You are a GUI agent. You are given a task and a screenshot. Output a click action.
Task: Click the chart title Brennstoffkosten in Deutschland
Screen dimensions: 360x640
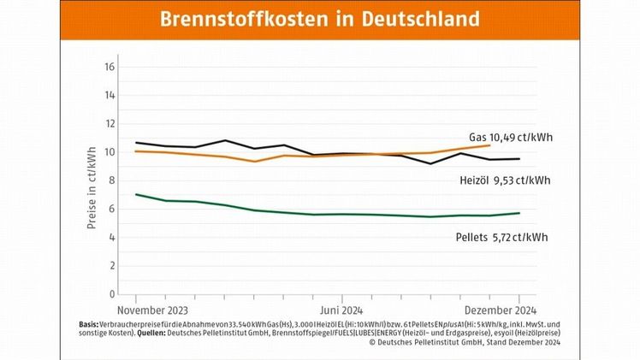[319, 19]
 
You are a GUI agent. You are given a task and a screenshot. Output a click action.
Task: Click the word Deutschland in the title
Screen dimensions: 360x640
[410, 19]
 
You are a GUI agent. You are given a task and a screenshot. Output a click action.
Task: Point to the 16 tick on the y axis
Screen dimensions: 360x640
[111, 67]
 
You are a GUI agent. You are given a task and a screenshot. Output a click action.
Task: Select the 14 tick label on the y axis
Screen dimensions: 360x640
[111, 95]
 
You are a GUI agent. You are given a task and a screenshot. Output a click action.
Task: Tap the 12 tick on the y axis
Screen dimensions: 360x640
[111, 124]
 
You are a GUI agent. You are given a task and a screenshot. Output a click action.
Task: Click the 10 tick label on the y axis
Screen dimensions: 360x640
[111, 152]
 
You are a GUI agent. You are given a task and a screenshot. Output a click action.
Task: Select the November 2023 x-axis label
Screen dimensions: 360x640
[152, 310]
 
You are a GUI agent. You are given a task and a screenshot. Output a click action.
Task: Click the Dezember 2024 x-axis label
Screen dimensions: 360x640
[501, 310]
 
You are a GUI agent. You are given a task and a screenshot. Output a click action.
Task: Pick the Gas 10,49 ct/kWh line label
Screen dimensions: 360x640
[510, 137]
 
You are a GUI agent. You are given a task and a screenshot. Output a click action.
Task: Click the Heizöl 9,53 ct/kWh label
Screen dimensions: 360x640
[505, 180]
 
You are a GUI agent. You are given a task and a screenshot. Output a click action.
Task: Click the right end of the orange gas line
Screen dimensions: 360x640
[489, 145]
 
